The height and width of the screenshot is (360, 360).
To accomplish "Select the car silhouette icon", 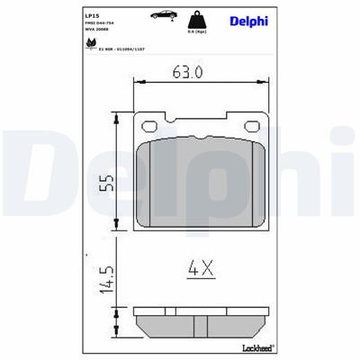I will (163, 15).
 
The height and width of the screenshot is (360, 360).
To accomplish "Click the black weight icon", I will (196, 20).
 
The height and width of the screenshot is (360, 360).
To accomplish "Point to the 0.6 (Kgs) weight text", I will (197, 32).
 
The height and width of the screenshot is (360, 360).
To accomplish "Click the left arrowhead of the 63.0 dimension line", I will (136, 84).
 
